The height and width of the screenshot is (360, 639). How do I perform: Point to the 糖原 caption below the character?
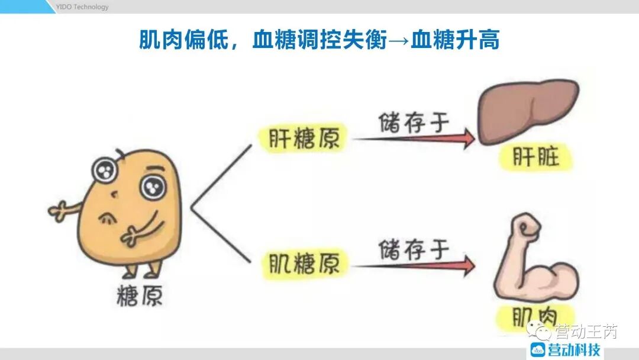[139, 295]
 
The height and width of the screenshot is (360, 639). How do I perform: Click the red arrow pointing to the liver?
[414, 139]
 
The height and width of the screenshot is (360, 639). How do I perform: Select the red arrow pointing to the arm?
[414, 265]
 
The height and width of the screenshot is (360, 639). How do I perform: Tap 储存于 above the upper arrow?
[414, 121]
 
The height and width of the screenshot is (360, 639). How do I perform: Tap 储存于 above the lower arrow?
[414, 249]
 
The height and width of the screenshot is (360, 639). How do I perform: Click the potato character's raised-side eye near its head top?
[105, 171]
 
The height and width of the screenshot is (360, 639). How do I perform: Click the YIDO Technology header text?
[82, 7]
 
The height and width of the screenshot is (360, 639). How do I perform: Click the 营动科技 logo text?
[573, 349]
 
